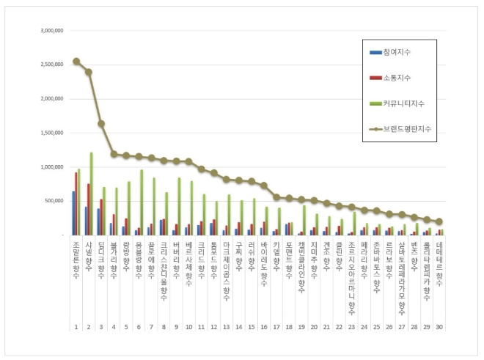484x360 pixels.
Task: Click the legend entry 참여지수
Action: click(x=396, y=53)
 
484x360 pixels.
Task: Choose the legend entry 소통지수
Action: click(x=396, y=78)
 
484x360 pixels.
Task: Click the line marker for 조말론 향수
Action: click(x=76, y=62)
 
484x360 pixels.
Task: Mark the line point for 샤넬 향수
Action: click(x=88, y=72)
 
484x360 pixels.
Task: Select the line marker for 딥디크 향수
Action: click(x=101, y=123)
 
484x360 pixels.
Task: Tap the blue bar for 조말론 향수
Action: click(x=73, y=213)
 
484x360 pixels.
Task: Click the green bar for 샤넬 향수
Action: click(x=91, y=194)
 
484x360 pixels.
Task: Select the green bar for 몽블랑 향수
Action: click(x=142, y=202)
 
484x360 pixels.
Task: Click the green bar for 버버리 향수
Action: click(x=179, y=206)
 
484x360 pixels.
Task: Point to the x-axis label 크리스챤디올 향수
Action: click(x=163, y=268)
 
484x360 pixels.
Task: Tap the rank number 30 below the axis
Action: click(x=439, y=326)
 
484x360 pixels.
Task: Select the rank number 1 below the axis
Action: click(x=76, y=326)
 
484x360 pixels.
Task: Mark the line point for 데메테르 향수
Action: click(x=439, y=221)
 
